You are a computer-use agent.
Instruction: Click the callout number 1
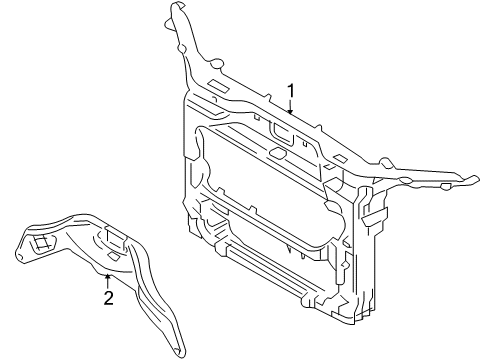tap(291, 93)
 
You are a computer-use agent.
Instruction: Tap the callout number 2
tap(108, 296)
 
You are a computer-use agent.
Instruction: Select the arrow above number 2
tap(108, 279)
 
